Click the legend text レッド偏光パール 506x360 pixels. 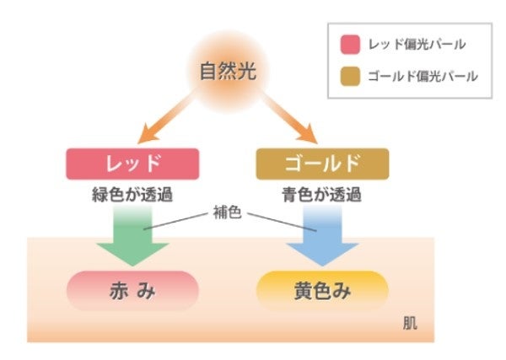coord(414,44)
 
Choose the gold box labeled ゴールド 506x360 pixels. coord(322,164)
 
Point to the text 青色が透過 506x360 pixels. coord(322,196)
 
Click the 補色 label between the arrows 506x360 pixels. coord(229,213)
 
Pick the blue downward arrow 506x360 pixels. coord(321,240)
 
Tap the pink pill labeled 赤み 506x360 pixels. coord(132,291)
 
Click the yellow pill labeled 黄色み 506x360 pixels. coord(321,291)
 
